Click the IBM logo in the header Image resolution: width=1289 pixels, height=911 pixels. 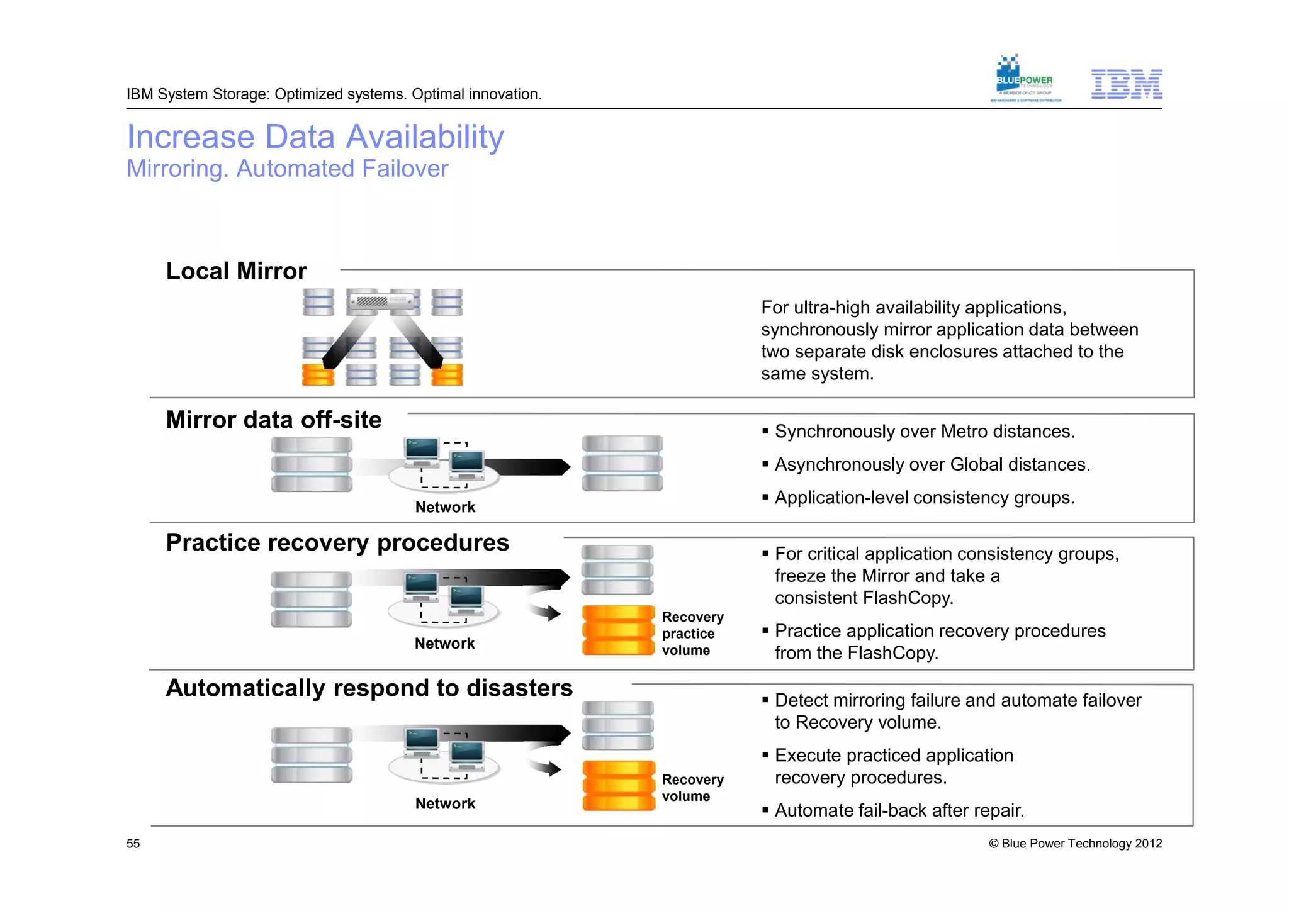(1126, 84)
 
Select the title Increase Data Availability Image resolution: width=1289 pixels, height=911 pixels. (315, 137)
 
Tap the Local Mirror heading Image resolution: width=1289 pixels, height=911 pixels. (236, 271)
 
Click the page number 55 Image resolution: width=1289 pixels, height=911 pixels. (133, 844)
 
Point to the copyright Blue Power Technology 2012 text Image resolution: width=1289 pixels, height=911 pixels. (1075, 844)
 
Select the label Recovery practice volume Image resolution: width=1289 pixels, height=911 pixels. (692, 634)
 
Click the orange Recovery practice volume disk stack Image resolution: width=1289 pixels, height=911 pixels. (618, 630)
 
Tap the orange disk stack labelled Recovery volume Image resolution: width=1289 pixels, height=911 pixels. (618, 785)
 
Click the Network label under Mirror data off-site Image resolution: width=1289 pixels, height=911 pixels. (445, 507)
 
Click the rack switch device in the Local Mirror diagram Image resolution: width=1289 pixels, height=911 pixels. (383, 301)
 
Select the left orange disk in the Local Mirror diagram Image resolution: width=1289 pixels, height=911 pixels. (318, 375)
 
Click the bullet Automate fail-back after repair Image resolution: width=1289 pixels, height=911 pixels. (899, 810)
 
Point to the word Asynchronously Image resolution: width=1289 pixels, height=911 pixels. (835, 464)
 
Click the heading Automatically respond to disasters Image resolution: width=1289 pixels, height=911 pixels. (369, 688)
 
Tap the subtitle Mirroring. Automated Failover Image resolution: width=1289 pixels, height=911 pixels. (288, 169)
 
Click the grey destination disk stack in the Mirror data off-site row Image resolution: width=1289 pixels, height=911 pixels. (622, 463)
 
